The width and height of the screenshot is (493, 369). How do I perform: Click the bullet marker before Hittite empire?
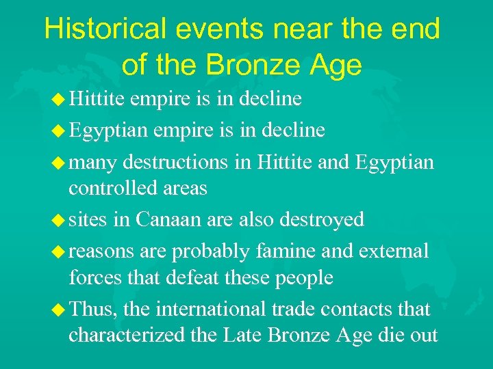(x=59, y=99)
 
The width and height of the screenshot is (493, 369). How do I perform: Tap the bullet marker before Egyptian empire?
(x=59, y=130)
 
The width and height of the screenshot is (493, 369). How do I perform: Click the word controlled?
(x=114, y=189)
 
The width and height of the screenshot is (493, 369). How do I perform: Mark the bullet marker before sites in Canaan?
(x=59, y=219)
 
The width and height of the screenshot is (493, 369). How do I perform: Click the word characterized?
(x=127, y=336)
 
